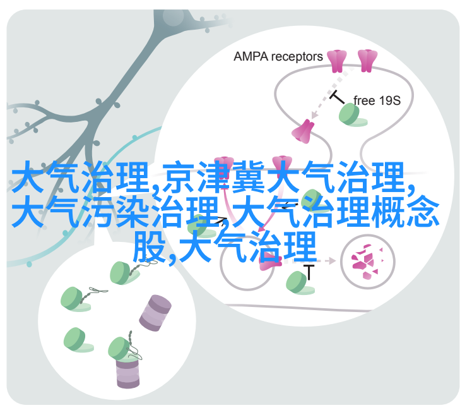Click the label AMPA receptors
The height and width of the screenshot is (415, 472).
tap(278, 57)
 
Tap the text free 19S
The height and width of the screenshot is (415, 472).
tap(377, 100)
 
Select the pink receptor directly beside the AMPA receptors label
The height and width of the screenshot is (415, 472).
tap(337, 61)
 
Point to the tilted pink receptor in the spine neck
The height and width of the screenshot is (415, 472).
tap(302, 131)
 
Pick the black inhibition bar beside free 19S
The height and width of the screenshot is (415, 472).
tap(337, 98)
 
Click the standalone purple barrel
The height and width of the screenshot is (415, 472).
tap(155, 313)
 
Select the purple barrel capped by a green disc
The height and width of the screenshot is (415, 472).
tap(127, 373)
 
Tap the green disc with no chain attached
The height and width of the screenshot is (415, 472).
tap(78, 340)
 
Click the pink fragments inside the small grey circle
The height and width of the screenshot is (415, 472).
tap(367, 261)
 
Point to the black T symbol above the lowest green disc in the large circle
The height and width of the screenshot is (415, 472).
tap(309, 272)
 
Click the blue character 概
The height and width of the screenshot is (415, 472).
tap(387, 212)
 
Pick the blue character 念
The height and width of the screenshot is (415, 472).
tap(423, 212)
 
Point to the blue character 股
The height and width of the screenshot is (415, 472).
tap(150, 246)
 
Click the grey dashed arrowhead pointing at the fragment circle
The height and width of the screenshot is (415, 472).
tap(332, 261)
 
